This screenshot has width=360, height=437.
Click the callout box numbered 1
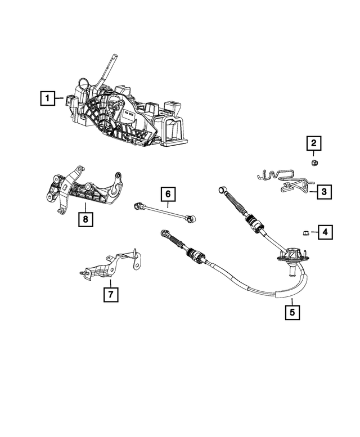[48, 99]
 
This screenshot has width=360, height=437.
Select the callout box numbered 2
[314, 143]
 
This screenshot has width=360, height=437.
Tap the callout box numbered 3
[323, 192]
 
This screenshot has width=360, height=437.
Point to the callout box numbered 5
[291, 311]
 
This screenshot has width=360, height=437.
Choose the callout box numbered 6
[167, 195]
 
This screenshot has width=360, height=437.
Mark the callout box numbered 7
[111, 294]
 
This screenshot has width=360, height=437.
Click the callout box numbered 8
[85, 219]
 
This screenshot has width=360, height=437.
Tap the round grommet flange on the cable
[291, 256]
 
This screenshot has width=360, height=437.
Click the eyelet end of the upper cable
[222, 190]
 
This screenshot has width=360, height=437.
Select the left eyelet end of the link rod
[137, 206]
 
